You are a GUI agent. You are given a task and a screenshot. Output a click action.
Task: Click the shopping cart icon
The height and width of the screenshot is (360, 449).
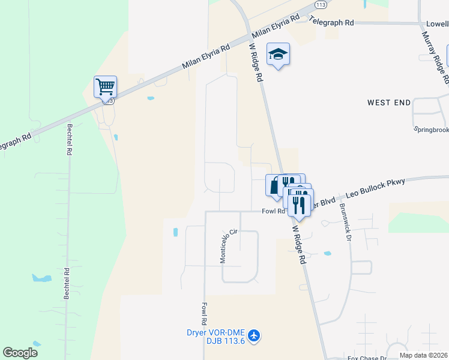pyautogui.click(x=105, y=86)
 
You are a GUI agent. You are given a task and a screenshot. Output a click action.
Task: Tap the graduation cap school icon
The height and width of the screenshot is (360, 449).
pyautogui.click(x=278, y=55)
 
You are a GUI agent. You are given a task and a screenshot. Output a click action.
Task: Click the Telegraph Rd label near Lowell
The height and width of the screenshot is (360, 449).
pyautogui.click(x=331, y=22)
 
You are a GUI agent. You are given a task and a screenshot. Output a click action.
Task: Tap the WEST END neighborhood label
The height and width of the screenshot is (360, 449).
pyautogui.click(x=389, y=103)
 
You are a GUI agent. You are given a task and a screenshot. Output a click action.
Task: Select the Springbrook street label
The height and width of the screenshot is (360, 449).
pyautogui.click(x=432, y=129)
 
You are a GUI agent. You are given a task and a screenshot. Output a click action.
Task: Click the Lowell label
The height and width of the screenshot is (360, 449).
pyautogui.click(x=437, y=23)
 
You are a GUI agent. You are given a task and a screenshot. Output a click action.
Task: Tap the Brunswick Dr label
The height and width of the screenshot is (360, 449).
pyautogui.click(x=344, y=221)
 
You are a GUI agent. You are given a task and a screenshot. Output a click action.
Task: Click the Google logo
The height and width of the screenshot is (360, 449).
pyautogui.click(x=20, y=352)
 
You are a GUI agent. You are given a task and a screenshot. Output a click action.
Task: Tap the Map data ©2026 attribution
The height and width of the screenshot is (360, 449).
pyautogui.click(x=423, y=355)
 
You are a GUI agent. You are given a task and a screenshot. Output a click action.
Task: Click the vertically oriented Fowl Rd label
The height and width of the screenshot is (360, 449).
pyautogui.click(x=204, y=313)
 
